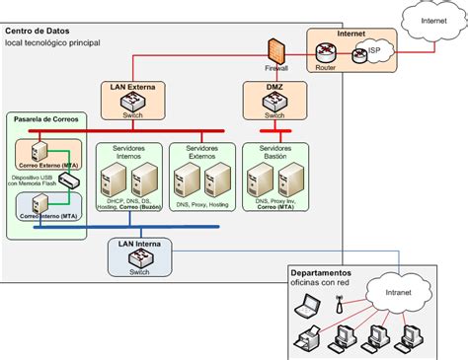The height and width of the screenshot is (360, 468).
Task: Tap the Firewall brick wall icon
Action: pyautogui.click(x=275, y=51)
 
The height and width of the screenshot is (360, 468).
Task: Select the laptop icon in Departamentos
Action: pyautogui.click(x=306, y=308)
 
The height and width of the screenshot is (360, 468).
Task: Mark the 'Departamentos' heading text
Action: pyautogui.click(x=321, y=272)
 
